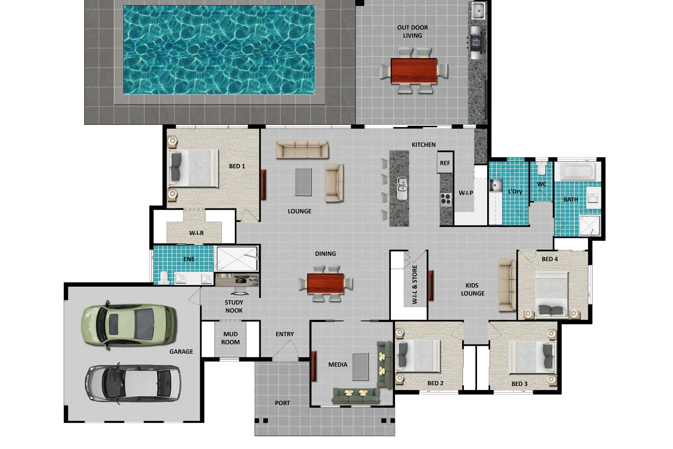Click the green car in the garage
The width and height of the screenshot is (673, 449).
tap(129, 325)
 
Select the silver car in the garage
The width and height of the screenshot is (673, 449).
tap(133, 383)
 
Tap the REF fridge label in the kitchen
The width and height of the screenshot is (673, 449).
tap(445, 163)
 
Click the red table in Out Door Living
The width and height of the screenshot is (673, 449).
tap(414, 71)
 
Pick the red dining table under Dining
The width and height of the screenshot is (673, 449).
tap(325, 283)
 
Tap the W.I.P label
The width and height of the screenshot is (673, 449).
tap(466, 193)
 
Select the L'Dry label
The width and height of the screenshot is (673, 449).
tap(515, 192)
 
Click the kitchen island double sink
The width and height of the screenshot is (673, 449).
tap(402, 188)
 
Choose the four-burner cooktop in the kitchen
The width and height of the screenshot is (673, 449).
tap(446, 199)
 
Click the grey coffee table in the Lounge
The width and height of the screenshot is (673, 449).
tap(303, 182)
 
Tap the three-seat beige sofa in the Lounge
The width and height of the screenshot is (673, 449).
tap(302, 150)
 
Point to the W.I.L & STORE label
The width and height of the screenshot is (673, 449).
tap(415, 284)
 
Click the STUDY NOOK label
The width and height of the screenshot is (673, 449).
tap(234, 307)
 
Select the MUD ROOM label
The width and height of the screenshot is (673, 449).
tap(230, 338)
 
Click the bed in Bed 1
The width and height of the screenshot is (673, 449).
tap(193, 168)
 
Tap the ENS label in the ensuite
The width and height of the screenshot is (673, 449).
tap(189, 259)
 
